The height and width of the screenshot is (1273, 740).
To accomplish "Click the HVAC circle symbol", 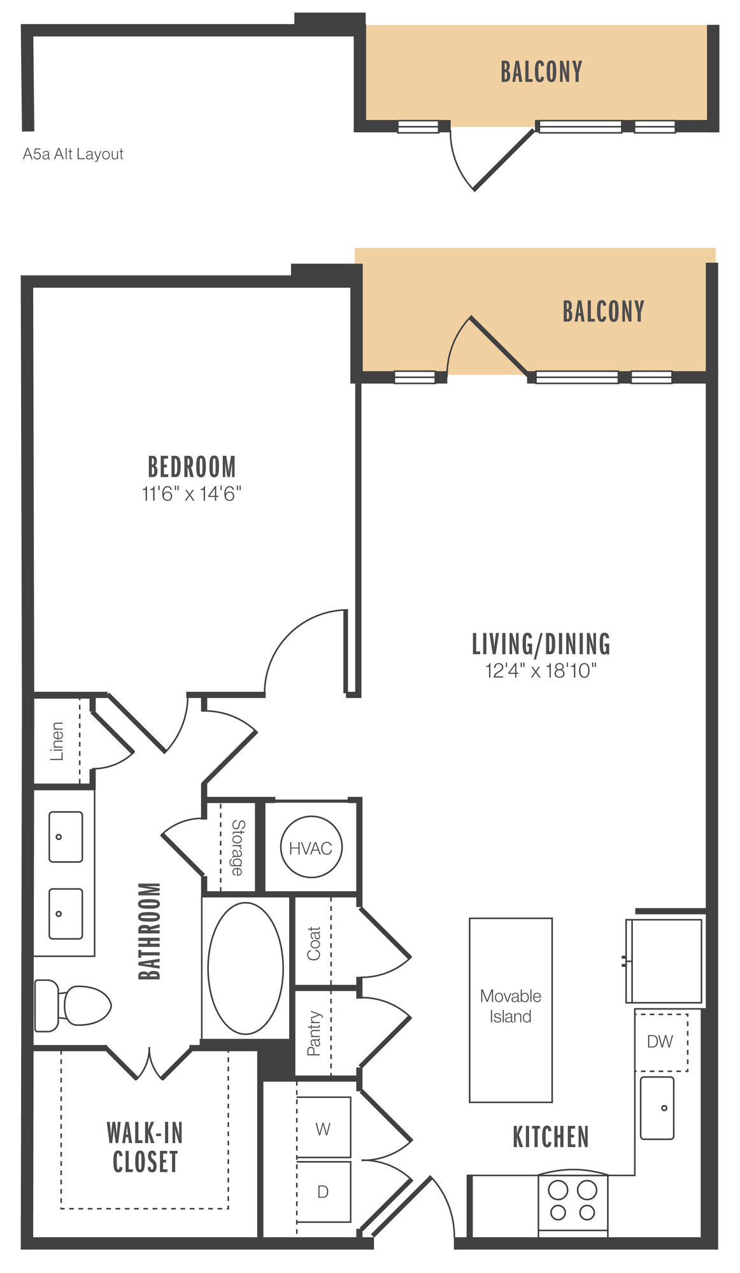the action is (x=311, y=848).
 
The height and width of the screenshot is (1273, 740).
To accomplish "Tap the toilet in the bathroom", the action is (x=73, y=1005).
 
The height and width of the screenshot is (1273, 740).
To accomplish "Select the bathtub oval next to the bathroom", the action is (x=246, y=968).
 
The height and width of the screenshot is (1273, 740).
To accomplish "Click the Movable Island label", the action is (x=511, y=1006).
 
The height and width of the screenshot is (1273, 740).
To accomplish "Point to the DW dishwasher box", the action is (x=661, y=1042).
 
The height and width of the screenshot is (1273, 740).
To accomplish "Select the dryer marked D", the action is (x=324, y=1192).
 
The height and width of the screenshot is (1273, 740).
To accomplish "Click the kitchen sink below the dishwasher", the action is (x=657, y=1108).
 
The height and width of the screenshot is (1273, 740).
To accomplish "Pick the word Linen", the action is (x=57, y=742).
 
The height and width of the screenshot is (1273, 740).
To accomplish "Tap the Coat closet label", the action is (x=313, y=943).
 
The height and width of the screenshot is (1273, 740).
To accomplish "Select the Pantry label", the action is (x=313, y=1034).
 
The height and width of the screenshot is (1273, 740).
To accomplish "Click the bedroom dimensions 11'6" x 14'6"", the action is (x=192, y=493).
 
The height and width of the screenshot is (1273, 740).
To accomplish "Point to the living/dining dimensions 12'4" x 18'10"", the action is (x=541, y=670).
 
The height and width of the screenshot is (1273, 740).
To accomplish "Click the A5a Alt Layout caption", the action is (x=73, y=154).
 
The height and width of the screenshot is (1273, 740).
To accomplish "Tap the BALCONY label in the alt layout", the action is (x=541, y=72).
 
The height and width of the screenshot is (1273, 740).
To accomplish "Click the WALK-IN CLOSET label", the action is (x=145, y=1148).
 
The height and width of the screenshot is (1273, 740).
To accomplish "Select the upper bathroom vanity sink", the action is (x=66, y=836).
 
